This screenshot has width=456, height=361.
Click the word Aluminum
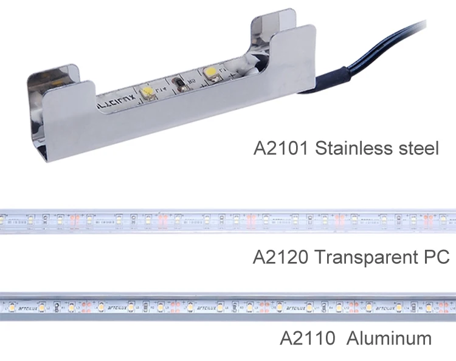[x=389, y=338]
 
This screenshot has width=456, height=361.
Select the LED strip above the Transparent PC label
[x=228, y=222]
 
